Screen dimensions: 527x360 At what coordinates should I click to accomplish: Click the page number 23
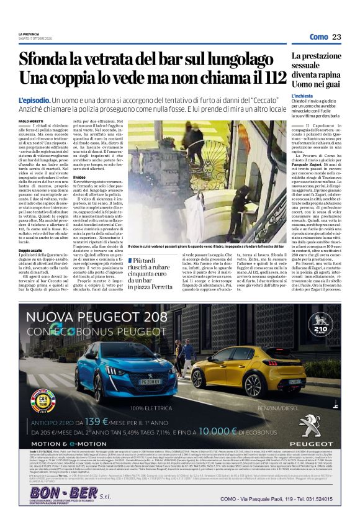(336, 37)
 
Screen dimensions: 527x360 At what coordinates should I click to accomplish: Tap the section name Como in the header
(318, 37)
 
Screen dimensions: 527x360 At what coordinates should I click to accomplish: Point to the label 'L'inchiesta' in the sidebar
(305, 96)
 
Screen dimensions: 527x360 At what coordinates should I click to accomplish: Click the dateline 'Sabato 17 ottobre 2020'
(37, 42)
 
